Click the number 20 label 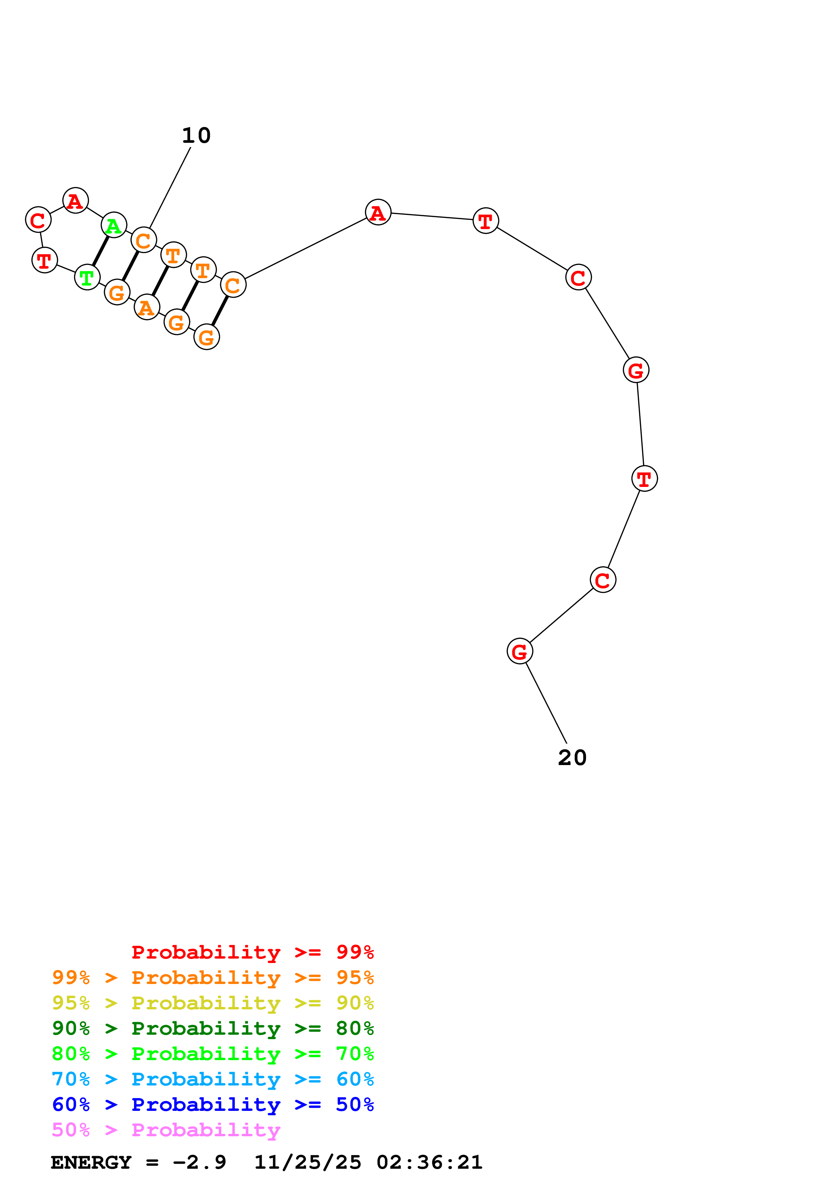pos(572,758)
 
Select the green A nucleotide pos(114,225)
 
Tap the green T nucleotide pos(87,277)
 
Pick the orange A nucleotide pos(147,308)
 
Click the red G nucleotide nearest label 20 pos(520,651)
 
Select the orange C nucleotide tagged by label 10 pos(144,240)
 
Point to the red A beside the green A pos(75,201)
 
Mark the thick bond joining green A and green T pos(100,251)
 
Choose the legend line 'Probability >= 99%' pos(252,952)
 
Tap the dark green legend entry pos(213,1029)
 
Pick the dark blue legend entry pos(213,1105)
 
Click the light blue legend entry pos(213,1079)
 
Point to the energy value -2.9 pos(199,1162)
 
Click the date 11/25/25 pos(308,1162)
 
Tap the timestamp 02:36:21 pos(429,1162)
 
